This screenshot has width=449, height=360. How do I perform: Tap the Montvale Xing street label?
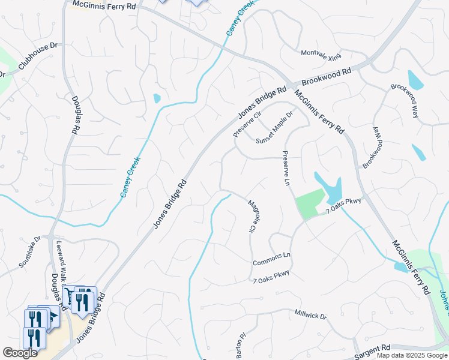[321, 55]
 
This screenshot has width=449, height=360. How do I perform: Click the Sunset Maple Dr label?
[274, 128]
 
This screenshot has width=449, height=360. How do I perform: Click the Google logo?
[20, 353]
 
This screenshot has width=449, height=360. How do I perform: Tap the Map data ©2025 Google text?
[411, 355]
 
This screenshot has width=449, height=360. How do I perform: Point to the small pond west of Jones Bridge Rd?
[157, 98]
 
